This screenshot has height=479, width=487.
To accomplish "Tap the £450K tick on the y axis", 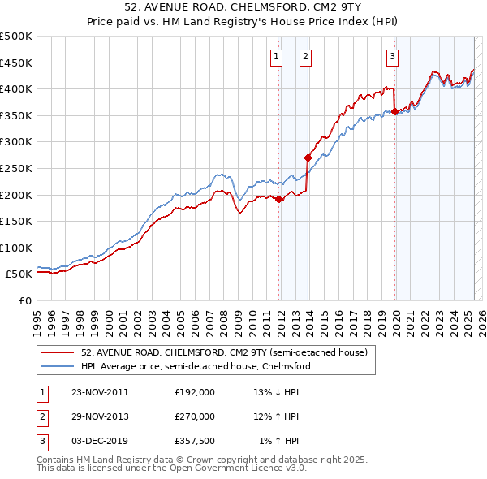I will [16, 63].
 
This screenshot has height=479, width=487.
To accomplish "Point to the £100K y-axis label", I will [16, 248].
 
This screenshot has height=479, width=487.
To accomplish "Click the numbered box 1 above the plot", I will [277, 56].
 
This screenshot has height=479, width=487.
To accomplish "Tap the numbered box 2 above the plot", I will [305, 56].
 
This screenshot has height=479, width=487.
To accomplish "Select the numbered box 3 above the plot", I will [392, 56].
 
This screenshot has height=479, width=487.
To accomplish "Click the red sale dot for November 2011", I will [279, 199].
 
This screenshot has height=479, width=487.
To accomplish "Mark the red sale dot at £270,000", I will [308, 158].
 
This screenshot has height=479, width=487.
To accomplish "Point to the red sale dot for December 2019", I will [394, 111].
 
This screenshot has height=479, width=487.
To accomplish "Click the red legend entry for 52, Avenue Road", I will [224, 353].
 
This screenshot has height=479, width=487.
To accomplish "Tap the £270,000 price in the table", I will [195, 416].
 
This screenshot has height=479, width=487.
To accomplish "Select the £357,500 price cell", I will [195, 440].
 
